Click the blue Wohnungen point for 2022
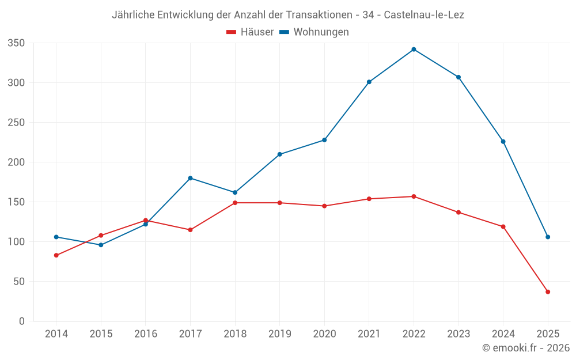[414, 50]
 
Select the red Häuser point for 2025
[548, 292]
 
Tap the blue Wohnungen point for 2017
[190, 178]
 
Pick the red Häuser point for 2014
[56, 255]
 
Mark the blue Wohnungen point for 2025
[548, 237]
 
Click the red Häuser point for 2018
[235, 203]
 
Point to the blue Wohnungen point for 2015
[101, 245]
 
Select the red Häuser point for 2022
[414, 196]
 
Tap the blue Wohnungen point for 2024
[503, 142]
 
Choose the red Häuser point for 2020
[324, 206]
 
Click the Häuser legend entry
[250, 32]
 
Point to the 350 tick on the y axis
[17, 43]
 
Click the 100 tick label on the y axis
[17, 242]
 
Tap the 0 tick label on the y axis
[21, 321]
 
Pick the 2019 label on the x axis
[280, 334]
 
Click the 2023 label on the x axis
[458, 334]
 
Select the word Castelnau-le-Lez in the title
[424, 15]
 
